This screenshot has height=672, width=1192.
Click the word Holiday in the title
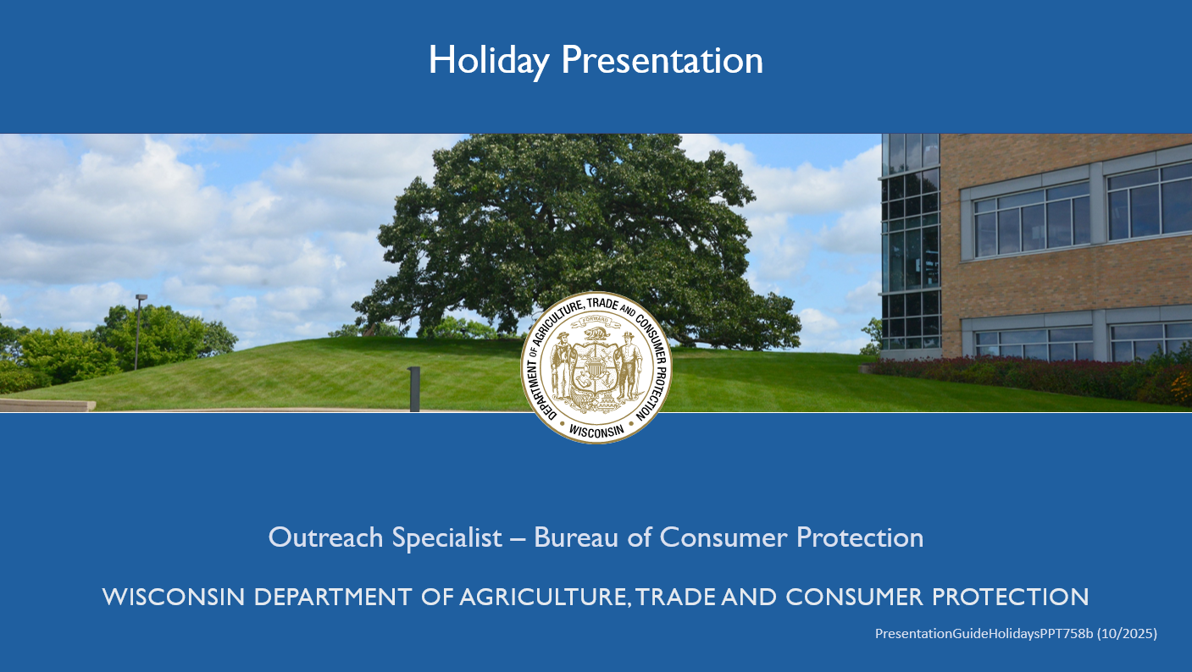click(489, 61)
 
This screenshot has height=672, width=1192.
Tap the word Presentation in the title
click(663, 60)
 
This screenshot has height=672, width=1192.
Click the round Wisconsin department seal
click(596, 367)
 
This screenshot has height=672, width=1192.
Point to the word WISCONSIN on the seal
click(596, 431)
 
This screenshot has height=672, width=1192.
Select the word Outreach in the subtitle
click(325, 537)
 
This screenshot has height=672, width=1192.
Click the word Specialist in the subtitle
click(447, 538)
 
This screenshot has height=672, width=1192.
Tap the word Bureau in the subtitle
click(576, 537)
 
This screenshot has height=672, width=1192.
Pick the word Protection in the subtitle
click(860, 537)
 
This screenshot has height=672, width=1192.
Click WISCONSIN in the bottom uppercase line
click(174, 597)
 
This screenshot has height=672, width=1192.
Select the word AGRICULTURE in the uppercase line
click(543, 597)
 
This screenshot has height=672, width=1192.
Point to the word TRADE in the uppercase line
click(674, 597)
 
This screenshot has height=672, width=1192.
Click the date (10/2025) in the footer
click(1127, 634)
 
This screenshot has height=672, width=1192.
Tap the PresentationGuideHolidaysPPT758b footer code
click(984, 634)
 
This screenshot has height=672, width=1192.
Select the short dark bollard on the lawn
click(414, 388)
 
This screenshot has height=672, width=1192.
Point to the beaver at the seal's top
click(596, 334)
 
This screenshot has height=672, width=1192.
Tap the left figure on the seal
click(561, 366)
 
